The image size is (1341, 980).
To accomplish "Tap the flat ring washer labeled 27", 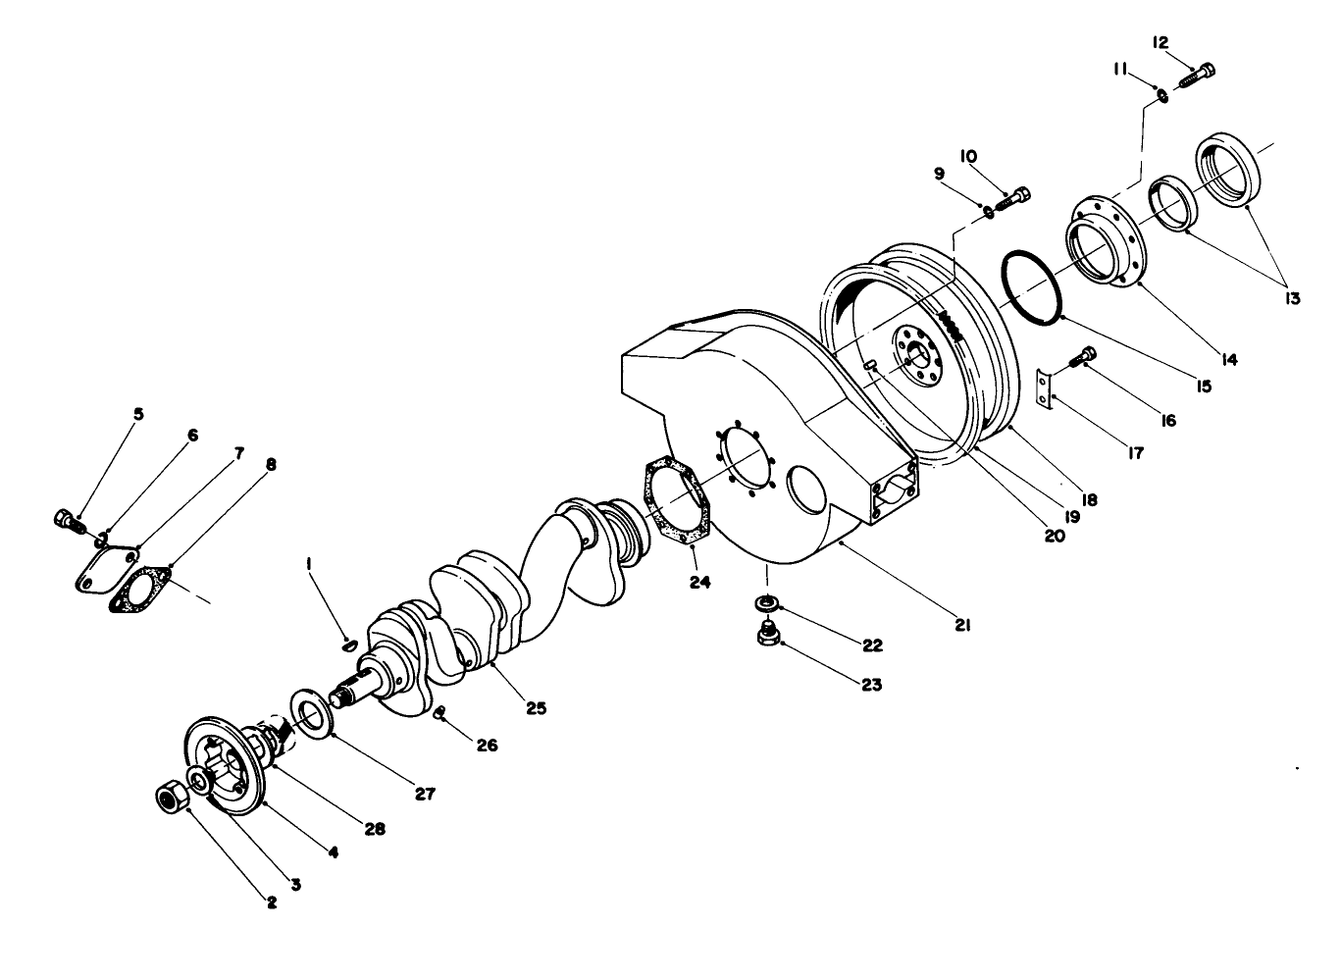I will pyautogui.click(x=312, y=713).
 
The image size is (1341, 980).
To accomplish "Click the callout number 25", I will pyautogui.click(x=536, y=706).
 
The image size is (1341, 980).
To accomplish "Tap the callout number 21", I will pyautogui.click(x=962, y=624).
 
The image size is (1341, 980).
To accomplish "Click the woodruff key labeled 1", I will pyautogui.click(x=348, y=645).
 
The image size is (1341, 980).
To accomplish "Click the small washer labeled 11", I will pyautogui.click(x=1161, y=95).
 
